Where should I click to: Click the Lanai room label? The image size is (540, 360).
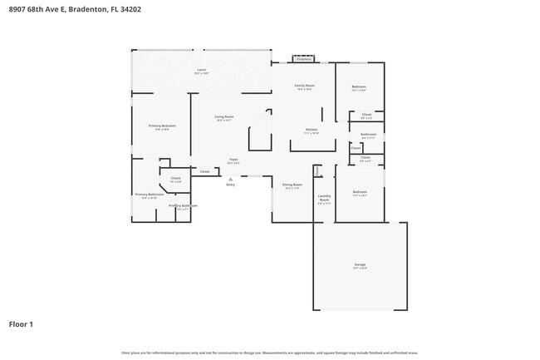point(201,70)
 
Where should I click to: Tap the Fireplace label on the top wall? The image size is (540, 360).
point(303,59)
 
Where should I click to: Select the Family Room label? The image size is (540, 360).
point(304,86)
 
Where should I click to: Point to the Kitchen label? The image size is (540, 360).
point(312,130)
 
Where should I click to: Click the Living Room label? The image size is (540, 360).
point(223,117)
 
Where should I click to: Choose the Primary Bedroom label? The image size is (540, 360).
point(162,126)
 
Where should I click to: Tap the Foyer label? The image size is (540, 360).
point(233,160)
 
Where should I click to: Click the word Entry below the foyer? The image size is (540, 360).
point(230,185)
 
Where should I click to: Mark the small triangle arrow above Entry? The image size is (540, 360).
point(230,178)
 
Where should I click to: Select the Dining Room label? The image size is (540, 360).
point(292,185)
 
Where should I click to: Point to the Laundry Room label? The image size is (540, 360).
point(324,198)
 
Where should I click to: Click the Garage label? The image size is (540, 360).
point(360,264)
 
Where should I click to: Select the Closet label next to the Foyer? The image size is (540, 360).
point(204,171)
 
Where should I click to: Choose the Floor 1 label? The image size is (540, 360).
point(21,323)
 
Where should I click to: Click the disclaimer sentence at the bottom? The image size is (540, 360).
point(270,353)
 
